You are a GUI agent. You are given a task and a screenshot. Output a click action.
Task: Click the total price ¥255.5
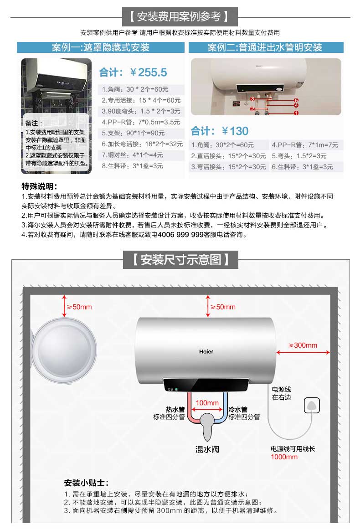coord(149,72)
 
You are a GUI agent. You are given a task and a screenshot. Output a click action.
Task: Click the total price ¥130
coord(235,131)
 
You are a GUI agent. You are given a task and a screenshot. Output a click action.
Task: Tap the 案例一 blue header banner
coord(101,47)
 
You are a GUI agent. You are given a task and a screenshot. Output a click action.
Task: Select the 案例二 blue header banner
coord(266,47)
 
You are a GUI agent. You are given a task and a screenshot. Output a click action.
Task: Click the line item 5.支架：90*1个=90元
coord(133,133)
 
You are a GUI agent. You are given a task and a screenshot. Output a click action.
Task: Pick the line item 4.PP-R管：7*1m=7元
coord(305,145)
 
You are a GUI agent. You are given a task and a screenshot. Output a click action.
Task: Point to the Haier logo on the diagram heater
coord(206,351)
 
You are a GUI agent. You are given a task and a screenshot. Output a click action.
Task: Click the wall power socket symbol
coord(312,405)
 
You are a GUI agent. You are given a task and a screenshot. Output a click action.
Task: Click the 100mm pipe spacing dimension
coord(207,402)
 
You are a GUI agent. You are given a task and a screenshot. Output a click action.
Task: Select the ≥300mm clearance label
coord(303,345)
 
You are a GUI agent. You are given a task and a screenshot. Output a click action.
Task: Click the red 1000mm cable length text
coord(284,457)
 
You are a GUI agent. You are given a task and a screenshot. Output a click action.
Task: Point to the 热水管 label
coord(175,409)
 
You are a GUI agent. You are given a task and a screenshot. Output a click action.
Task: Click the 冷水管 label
coord(238,409)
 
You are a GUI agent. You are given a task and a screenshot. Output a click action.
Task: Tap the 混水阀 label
coord(207,449)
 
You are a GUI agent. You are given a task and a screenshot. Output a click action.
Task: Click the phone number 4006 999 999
coord(180,235)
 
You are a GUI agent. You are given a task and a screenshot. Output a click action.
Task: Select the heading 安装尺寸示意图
coord(181,260)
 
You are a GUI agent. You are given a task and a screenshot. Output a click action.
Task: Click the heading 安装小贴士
coord(86,483)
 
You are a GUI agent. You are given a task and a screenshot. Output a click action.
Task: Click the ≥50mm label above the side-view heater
coord(79,307)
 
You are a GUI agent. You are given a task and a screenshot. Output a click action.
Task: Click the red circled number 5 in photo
coord(296,100)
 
